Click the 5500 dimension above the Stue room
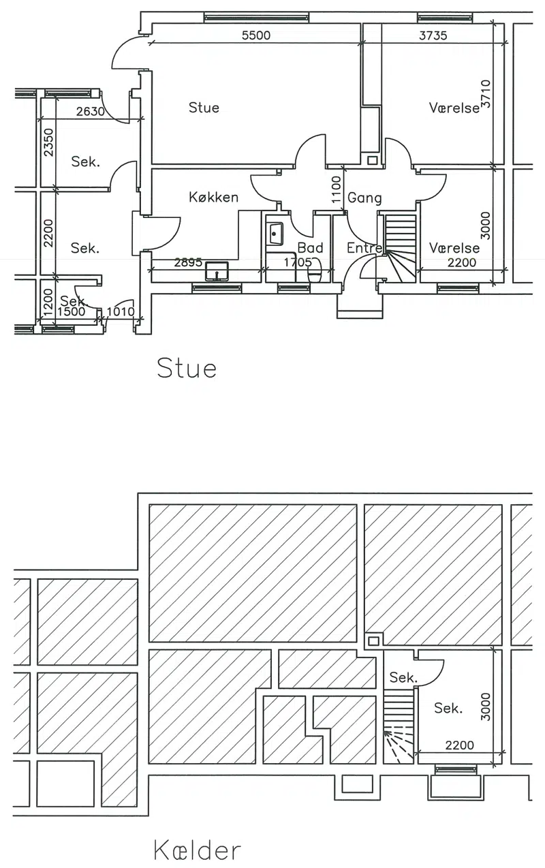tap(256, 35)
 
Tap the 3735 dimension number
tap(433, 35)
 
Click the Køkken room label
tap(213, 197)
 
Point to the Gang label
tap(364, 198)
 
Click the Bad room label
tap(310, 247)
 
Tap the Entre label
tap(364, 247)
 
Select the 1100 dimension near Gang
tap(337, 189)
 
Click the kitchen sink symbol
tap(217, 271)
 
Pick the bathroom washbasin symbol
tap(275, 234)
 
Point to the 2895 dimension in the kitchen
tap(188, 263)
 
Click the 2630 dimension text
tap(90, 112)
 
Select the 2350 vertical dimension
tap(48, 142)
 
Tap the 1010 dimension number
tap(121, 311)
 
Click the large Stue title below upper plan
tap(187, 368)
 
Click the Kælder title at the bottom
tap(197, 850)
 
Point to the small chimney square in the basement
tap(373, 641)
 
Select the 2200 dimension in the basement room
tap(459, 745)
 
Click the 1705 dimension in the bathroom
tap(298, 263)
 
